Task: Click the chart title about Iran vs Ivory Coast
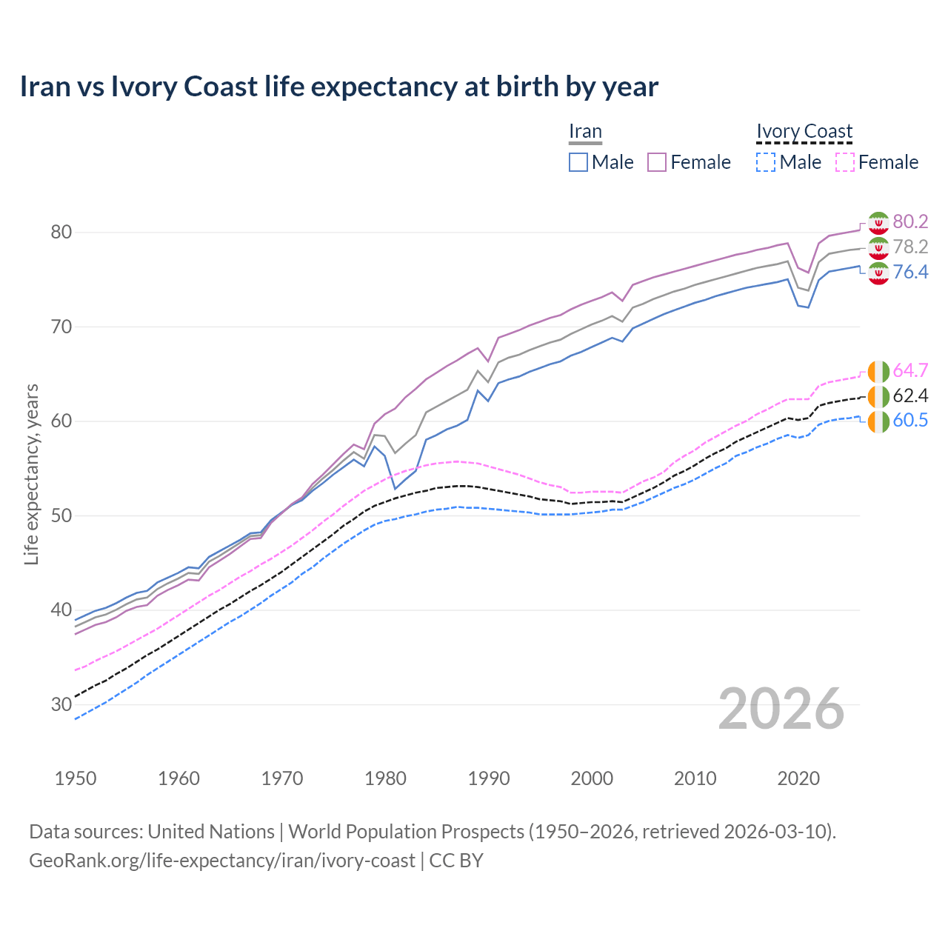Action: click(338, 87)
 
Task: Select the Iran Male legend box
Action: click(578, 162)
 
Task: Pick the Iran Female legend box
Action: click(657, 162)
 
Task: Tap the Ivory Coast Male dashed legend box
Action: click(766, 162)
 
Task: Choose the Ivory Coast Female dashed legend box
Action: click(845, 162)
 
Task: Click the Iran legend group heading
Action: click(585, 131)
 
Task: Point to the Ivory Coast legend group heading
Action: click(804, 131)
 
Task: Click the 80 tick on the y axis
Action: click(61, 232)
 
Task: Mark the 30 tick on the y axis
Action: click(61, 704)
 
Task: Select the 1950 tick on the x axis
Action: click(76, 778)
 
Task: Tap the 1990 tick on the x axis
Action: click(489, 778)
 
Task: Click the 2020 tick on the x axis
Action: click(798, 778)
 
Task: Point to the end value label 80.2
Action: click(910, 221)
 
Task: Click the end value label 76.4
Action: click(910, 272)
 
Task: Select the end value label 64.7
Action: click(910, 370)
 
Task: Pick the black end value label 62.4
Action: click(910, 395)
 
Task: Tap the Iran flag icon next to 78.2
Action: click(878, 247)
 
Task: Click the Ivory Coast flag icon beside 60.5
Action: click(878, 421)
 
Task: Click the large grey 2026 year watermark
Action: click(781, 709)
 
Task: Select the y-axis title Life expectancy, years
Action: click(32, 474)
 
